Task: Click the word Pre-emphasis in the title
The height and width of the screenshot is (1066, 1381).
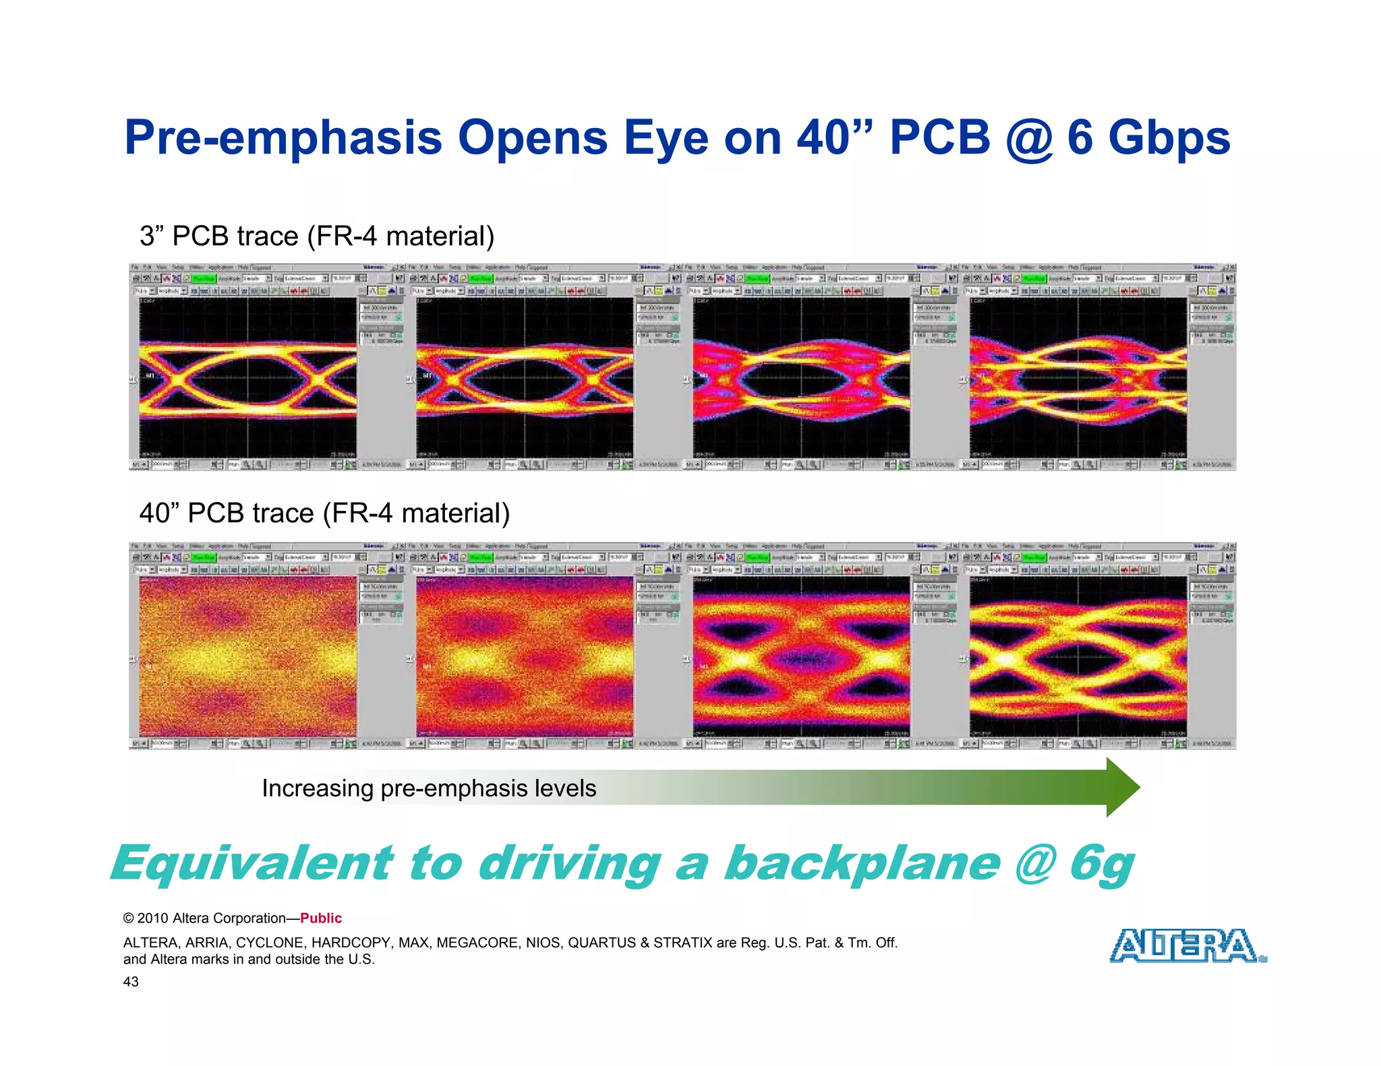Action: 283,138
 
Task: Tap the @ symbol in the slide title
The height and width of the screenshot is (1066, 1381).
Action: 1029,138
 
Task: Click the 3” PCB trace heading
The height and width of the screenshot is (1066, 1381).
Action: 317,236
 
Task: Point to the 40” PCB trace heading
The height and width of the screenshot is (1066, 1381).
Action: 324,513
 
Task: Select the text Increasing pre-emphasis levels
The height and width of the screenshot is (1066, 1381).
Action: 429,788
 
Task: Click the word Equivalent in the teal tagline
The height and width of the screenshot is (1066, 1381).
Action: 252,863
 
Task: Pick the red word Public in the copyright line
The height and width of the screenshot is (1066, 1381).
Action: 321,918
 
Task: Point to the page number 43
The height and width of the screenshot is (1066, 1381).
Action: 131,982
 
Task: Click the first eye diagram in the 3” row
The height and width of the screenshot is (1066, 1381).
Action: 247,377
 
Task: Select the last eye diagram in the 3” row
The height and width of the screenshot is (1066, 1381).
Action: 1078,377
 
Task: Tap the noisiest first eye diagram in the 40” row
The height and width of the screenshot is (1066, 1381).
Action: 247,656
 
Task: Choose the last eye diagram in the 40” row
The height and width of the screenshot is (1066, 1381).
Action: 1078,656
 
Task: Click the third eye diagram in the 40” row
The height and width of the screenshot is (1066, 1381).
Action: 801,656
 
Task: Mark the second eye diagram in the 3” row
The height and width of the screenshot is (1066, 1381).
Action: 525,377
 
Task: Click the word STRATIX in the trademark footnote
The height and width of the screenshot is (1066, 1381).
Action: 682,943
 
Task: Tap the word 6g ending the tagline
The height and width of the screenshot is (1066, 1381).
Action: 1101,865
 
